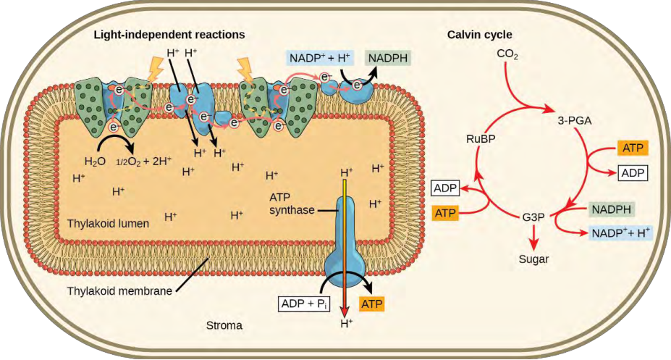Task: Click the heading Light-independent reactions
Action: (169, 34)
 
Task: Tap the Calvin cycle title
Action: (480, 35)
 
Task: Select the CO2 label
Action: (507, 54)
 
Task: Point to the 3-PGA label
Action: (574, 121)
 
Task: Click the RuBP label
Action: (481, 138)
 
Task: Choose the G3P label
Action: (533, 217)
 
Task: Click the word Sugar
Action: (533, 259)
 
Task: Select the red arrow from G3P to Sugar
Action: (533, 237)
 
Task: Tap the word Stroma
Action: (224, 325)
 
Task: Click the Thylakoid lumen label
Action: (108, 223)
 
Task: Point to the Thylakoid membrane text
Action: (119, 291)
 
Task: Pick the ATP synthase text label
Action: (292, 204)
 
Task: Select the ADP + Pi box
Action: (304, 304)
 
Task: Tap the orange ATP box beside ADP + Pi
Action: (372, 304)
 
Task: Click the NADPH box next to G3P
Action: (612, 209)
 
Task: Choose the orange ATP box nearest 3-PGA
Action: (633, 148)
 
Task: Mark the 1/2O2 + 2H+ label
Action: (144, 162)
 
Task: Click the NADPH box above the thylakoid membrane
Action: (388, 58)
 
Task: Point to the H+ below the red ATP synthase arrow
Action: (346, 324)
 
